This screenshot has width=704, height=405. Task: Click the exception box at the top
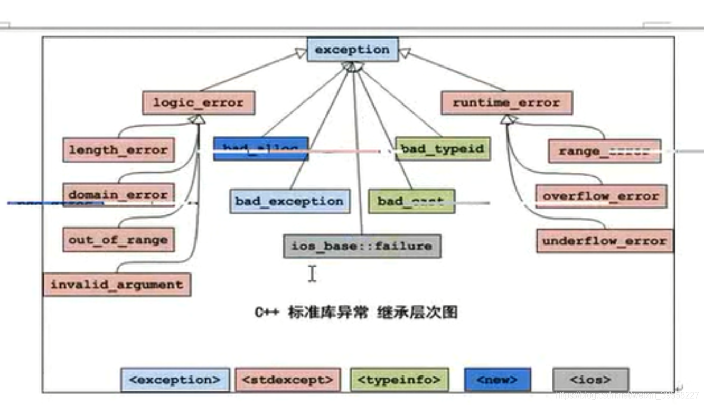coord(352,50)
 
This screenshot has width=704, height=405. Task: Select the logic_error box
coord(199,102)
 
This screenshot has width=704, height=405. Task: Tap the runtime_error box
coord(506,102)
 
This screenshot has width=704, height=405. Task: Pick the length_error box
coord(118,150)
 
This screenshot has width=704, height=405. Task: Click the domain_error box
coord(118,195)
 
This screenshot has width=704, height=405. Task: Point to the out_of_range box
coord(118,240)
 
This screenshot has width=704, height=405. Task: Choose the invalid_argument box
coord(117,285)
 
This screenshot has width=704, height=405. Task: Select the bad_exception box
coord(289,202)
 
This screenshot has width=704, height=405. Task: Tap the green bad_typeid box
coord(443,149)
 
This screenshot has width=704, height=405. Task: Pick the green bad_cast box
coord(411,202)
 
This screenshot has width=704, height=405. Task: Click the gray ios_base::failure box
coord(362,246)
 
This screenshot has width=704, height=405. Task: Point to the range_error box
coord(604,152)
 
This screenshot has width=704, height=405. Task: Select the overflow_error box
coord(601,196)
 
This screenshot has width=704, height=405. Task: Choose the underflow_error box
coord(605,241)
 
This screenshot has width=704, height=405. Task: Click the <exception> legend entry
coord(175,380)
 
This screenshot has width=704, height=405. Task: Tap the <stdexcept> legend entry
coord(288,380)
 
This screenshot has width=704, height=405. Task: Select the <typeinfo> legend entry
coord(399,380)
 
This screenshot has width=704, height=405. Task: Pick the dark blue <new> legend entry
coord(498,380)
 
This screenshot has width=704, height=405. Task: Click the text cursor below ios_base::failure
coord(312,274)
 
